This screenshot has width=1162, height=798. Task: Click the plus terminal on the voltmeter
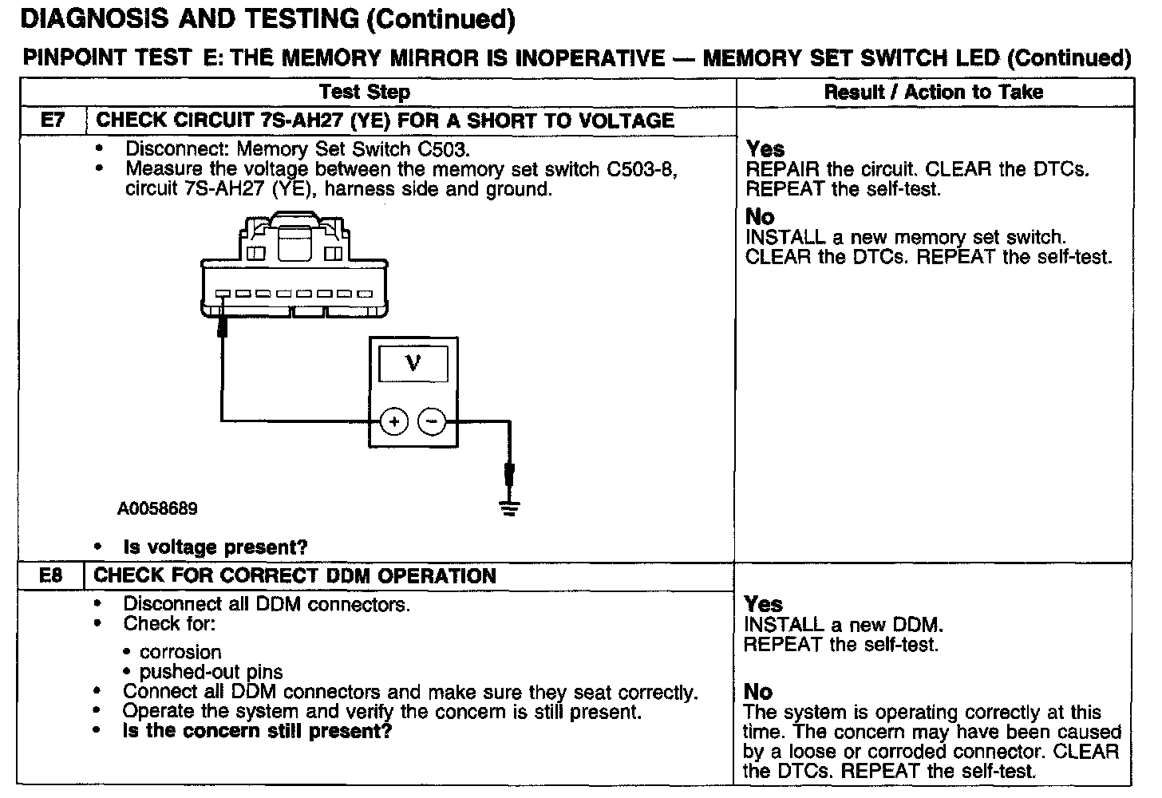coord(393,421)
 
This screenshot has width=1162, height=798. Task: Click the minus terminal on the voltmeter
coord(433,421)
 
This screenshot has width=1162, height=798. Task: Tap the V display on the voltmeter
coord(413,364)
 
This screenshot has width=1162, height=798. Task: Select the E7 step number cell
coord(52,120)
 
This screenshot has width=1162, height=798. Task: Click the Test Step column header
coord(365,92)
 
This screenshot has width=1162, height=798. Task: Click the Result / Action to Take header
coord(933,92)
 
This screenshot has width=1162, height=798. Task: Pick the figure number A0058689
coord(157,509)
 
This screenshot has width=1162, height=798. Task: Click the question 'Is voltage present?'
coord(215,547)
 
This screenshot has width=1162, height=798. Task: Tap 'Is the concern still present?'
coord(257,731)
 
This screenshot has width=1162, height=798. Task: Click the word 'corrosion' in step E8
coord(180,652)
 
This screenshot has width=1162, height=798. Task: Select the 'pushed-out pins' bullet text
coord(211,672)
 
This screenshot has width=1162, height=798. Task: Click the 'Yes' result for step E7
coord(765,149)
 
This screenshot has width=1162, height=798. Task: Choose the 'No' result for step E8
coord(758,692)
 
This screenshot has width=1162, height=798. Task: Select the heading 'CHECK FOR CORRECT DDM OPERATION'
coord(295,576)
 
